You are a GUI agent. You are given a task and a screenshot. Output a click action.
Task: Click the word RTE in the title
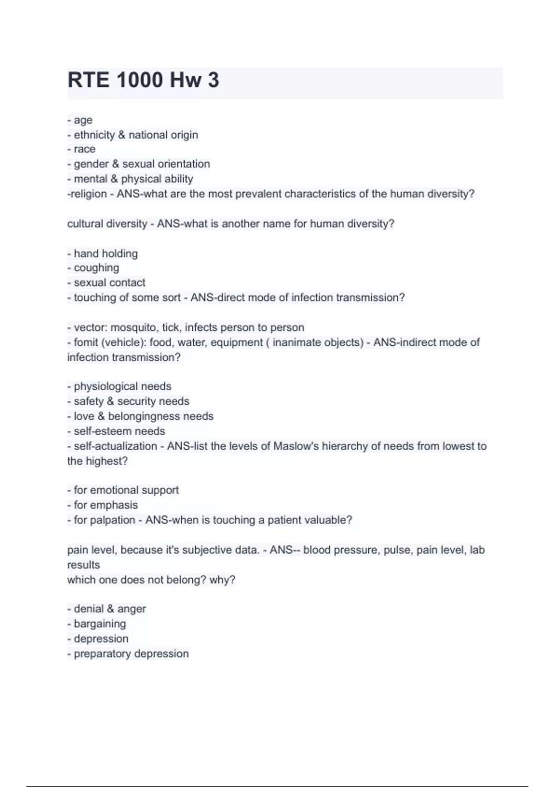click(x=89, y=80)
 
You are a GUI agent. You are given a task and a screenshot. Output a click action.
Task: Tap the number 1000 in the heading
click(x=140, y=80)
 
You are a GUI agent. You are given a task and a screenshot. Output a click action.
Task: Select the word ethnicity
click(x=94, y=135)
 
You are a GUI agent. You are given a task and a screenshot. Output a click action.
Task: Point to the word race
click(x=85, y=149)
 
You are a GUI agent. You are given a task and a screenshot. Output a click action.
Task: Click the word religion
click(x=88, y=194)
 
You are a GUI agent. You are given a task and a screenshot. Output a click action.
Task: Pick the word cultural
click(x=85, y=224)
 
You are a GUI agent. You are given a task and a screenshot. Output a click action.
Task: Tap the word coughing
click(x=96, y=268)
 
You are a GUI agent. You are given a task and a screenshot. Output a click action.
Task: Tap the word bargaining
click(x=100, y=624)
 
